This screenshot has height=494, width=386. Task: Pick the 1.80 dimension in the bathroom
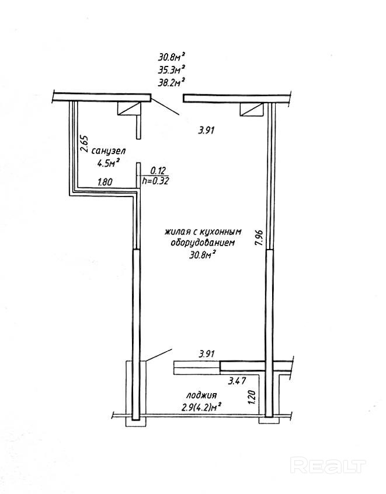click(105, 181)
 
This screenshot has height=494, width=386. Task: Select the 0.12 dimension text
click(157, 171)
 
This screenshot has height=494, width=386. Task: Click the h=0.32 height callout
click(155, 181)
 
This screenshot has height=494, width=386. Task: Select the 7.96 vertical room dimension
click(258, 238)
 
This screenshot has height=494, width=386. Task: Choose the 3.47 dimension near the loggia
click(235, 381)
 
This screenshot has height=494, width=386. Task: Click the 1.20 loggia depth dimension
click(252, 397)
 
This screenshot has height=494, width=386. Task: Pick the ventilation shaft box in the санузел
click(128, 108)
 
